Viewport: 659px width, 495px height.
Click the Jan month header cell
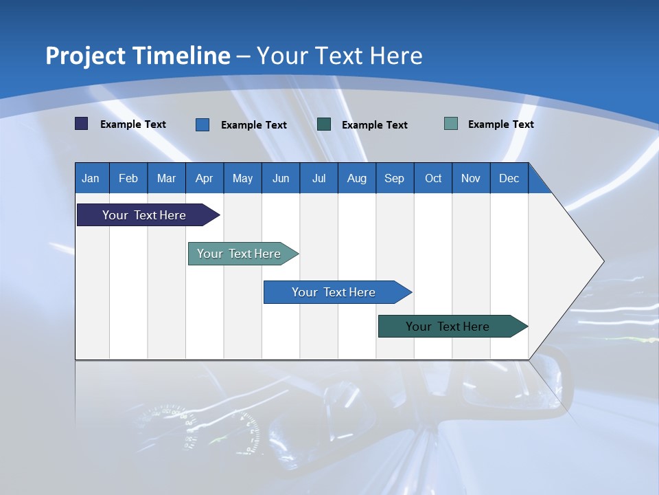tap(91, 178)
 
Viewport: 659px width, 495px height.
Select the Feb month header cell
tap(128, 178)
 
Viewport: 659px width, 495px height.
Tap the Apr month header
tap(205, 178)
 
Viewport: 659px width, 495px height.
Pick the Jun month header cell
tap(281, 178)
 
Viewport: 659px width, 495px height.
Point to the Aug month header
tap(357, 178)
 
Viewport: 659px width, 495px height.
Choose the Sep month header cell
tap(395, 178)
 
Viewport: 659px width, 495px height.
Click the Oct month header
tap(433, 178)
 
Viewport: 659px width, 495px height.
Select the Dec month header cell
tap(509, 178)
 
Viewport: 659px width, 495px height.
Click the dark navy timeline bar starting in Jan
tap(145, 215)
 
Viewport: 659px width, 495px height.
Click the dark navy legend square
tap(82, 124)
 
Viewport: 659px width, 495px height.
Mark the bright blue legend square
tap(203, 124)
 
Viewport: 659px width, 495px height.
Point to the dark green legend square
tap(324, 124)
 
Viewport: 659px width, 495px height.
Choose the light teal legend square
tap(451, 124)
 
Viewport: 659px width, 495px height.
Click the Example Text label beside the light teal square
tap(500, 124)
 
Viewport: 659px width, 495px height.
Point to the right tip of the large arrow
tap(602, 261)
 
